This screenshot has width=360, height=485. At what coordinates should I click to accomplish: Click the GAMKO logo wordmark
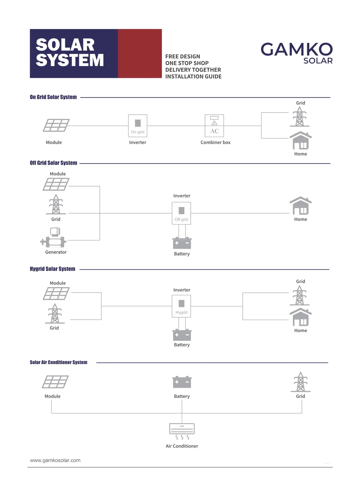[x=296, y=50]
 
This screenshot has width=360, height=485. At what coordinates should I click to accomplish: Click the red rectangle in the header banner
[x=140, y=53]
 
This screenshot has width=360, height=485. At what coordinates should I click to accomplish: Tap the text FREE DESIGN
[x=183, y=56]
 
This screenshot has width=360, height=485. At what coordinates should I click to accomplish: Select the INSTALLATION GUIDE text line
[x=193, y=77]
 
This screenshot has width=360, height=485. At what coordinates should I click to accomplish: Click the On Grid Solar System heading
[x=53, y=97]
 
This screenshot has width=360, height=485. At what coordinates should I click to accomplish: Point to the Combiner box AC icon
[x=214, y=126]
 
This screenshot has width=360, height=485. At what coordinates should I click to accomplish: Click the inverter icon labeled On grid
[x=138, y=126]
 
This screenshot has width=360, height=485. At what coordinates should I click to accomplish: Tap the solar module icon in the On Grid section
[x=56, y=125]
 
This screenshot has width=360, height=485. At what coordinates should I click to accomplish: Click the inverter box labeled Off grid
[x=181, y=213]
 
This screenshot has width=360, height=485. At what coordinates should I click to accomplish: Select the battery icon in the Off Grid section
[x=182, y=243]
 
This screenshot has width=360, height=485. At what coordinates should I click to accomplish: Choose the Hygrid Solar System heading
[x=52, y=269]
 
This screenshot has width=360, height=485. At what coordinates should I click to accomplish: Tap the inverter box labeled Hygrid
[x=181, y=306]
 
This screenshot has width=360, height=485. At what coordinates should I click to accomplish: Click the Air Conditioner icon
[x=182, y=431]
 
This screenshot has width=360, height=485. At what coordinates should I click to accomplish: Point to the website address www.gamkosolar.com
[x=55, y=460]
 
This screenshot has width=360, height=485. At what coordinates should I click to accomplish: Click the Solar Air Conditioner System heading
[x=58, y=362]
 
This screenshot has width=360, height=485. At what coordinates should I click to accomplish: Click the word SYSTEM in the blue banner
[x=70, y=60]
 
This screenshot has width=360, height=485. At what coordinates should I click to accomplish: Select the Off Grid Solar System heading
[x=53, y=163]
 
